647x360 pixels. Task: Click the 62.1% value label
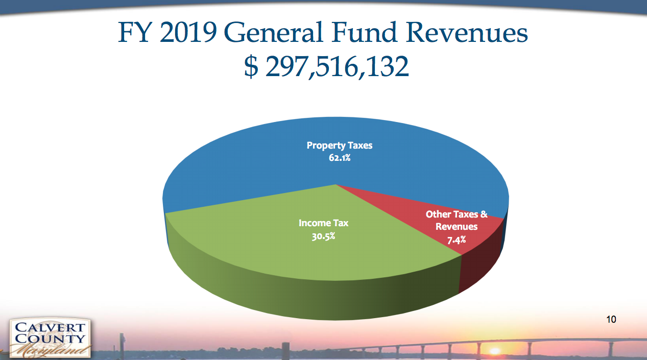(x=339, y=158)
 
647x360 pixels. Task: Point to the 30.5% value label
(x=323, y=236)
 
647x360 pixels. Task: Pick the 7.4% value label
(x=456, y=239)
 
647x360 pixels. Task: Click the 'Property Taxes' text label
(x=339, y=146)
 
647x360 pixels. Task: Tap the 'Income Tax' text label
(x=323, y=223)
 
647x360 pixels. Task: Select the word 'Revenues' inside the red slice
(x=456, y=227)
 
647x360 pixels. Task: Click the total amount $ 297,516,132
(x=327, y=67)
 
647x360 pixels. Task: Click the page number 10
(x=611, y=320)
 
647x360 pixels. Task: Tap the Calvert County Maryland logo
(x=50, y=338)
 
